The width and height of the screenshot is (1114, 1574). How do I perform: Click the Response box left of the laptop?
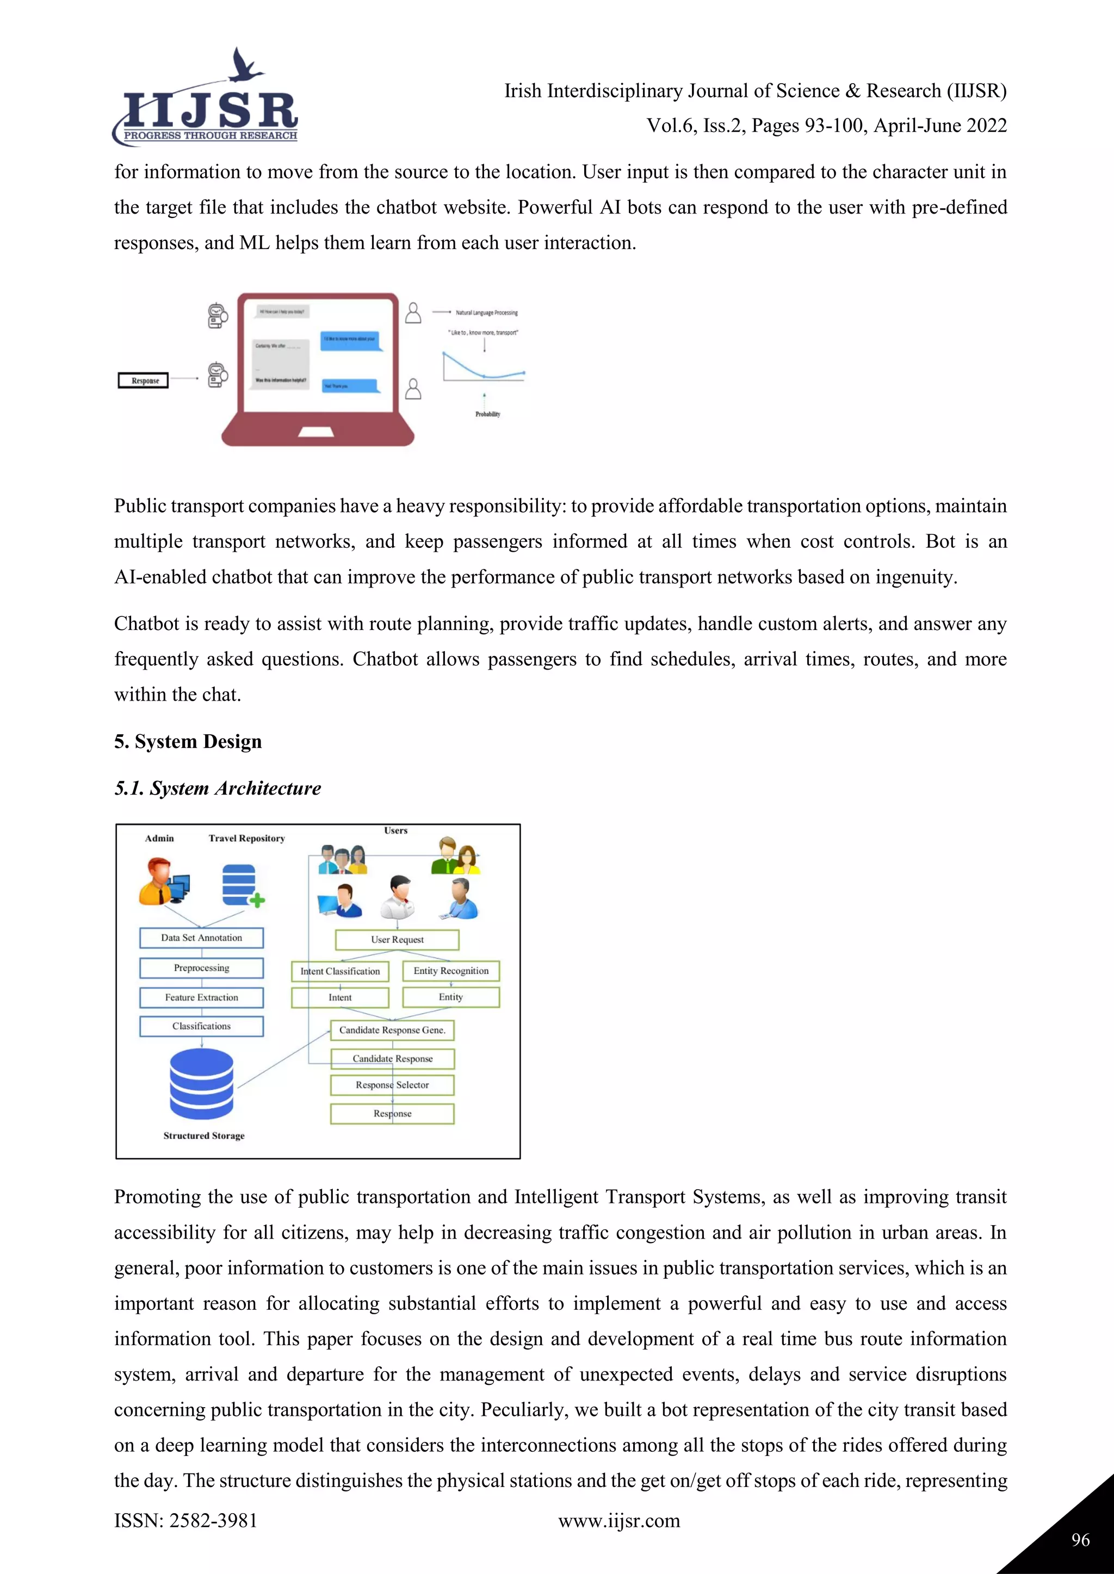click(x=144, y=380)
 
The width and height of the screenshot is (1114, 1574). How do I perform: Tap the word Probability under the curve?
click(x=488, y=414)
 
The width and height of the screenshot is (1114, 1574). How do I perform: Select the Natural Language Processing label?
click(x=486, y=313)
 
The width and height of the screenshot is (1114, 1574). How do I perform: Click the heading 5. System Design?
click(x=188, y=742)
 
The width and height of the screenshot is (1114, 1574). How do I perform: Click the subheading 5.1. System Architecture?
click(x=218, y=789)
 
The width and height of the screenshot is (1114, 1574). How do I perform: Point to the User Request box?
click(x=397, y=940)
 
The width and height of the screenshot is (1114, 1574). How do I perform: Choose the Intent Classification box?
click(x=339, y=971)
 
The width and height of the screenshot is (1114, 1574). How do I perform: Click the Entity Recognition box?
click(x=451, y=971)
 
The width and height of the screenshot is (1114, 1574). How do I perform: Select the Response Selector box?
click(x=392, y=1085)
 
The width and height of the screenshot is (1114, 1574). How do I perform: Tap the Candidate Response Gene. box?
click(x=392, y=1030)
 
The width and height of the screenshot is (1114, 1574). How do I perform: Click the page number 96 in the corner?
click(x=1080, y=1540)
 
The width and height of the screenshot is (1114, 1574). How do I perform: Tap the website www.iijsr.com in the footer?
click(x=618, y=1521)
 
